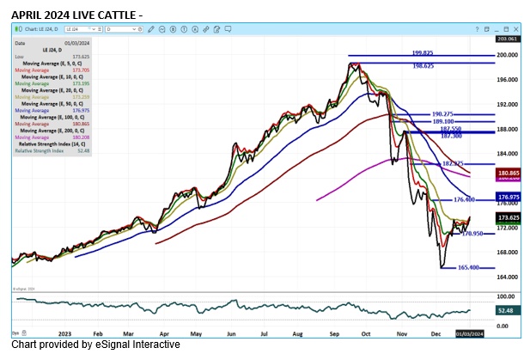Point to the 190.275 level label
tap(443, 113)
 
